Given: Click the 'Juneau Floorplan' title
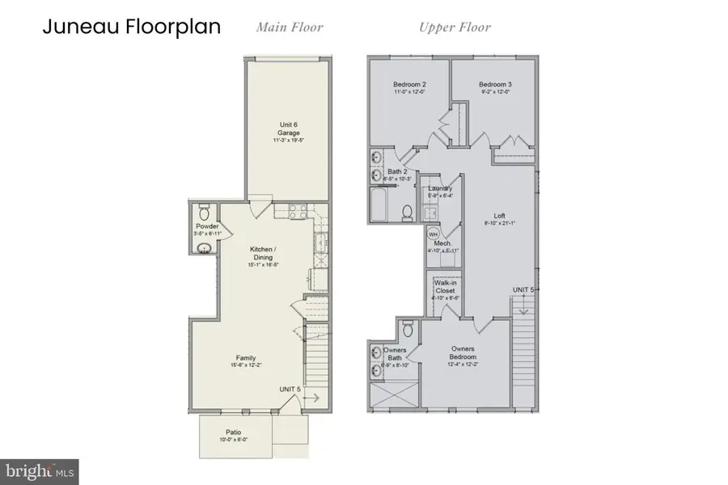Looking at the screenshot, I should click(131, 27).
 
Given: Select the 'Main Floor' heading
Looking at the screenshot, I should click(290, 27).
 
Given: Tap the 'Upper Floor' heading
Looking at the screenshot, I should click(454, 27).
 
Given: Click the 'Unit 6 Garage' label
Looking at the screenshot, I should click(287, 130).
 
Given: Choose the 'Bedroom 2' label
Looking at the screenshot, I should click(409, 85).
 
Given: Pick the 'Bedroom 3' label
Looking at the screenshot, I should click(493, 85).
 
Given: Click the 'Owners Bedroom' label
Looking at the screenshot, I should click(463, 353).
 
